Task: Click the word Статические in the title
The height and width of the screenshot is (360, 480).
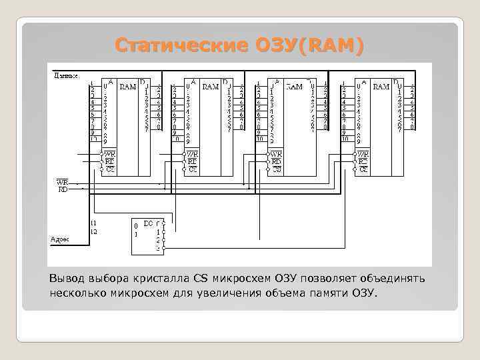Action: pyautogui.click(x=184, y=46)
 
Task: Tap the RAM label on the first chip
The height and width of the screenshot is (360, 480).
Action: pyautogui.click(x=127, y=86)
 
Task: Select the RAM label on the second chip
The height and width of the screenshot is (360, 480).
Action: pyautogui.click(x=210, y=86)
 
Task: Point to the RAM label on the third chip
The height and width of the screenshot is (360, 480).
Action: pyautogui.click(x=293, y=86)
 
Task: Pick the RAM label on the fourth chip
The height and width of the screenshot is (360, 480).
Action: pyautogui.click(x=381, y=86)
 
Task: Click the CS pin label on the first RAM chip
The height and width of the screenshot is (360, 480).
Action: pyautogui.click(x=110, y=169)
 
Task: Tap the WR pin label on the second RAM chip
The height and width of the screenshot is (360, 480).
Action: pyautogui.click(x=192, y=154)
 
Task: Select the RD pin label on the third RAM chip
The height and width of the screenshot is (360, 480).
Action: pyautogui.click(x=275, y=161)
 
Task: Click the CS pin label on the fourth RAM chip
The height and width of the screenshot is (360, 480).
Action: pyautogui.click(x=363, y=169)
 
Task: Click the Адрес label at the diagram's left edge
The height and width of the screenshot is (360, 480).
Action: pyautogui.click(x=60, y=238)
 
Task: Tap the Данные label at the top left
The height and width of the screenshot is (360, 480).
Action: pyautogui.click(x=65, y=75)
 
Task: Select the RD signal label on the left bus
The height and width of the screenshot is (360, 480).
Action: pyautogui.click(x=63, y=189)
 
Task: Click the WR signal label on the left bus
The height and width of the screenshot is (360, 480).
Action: pyautogui.click(x=62, y=182)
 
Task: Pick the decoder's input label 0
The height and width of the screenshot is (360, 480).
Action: pyautogui.click(x=137, y=225)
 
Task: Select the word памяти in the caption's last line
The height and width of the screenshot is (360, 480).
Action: pyautogui.click(x=317, y=293)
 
